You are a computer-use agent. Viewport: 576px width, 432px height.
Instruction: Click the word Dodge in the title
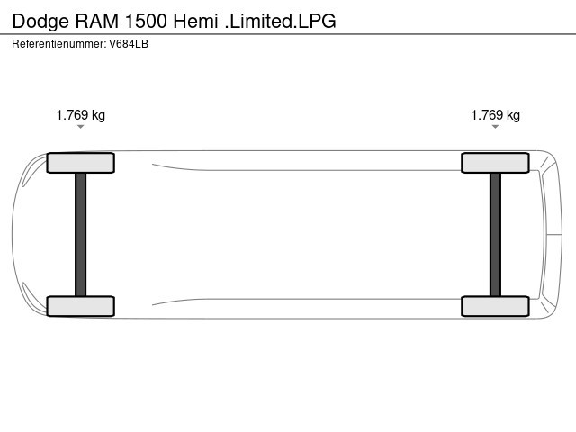pyautogui.click(x=40, y=22)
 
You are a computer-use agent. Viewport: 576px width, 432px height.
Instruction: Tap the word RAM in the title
pyautogui.click(x=97, y=21)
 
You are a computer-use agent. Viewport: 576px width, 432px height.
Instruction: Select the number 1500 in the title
pyautogui.click(x=146, y=21)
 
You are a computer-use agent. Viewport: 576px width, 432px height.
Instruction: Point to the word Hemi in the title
pyautogui.click(x=196, y=21)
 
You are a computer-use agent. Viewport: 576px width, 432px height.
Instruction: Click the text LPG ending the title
pyautogui.click(x=317, y=21)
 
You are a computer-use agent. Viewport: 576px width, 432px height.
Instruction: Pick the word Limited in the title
pyautogui.click(x=261, y=21)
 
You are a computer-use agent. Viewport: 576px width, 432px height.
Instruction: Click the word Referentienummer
pyautogui.click(x=59, y=44)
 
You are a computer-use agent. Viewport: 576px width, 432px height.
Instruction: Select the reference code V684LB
pyautogui.click(x=129, y=44)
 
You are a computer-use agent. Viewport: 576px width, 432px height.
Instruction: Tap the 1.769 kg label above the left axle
pyautogui.click(x=81, y=115)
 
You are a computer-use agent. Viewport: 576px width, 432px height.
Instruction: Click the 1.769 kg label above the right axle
pyautogui.click(x=496, y=115)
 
